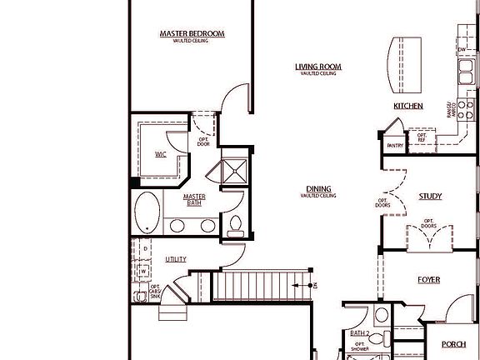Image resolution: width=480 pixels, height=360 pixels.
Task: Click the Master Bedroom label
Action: click(192, 33)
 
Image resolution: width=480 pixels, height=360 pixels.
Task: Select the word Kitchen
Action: click(408, 106)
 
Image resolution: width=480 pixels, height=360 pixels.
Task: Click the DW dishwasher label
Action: click(462, 50)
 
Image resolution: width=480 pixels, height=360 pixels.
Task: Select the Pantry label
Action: click(395, 146)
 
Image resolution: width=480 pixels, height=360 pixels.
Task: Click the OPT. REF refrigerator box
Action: click(422, 137)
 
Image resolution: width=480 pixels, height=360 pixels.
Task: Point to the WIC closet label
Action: click(161, 154)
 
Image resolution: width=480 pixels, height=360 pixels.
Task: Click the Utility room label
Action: click(176, 259)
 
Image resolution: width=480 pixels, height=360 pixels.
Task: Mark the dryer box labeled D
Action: click(145, 249)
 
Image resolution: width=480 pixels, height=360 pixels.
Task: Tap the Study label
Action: click(430, 197)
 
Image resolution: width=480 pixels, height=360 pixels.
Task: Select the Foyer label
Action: click(428, 280)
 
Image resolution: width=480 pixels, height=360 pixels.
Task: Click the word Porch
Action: click(453, 344)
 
